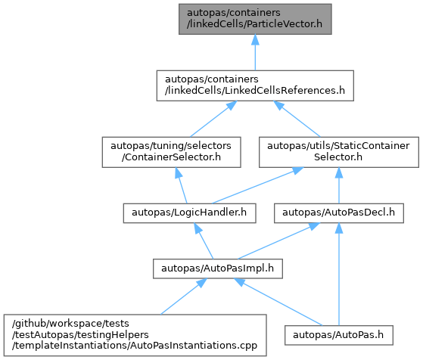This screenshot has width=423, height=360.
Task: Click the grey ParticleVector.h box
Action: pos(255,19)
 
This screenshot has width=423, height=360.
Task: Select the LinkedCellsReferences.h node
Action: pos(255,85)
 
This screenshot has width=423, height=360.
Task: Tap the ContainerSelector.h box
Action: pos(171,152)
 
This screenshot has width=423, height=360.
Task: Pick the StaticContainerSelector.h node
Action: pos(339,152)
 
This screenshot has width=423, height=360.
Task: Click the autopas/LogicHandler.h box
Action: pos(189,213)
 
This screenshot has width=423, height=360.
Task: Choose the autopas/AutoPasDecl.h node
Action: pos(339,213)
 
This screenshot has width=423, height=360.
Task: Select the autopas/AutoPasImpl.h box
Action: pos(218,268)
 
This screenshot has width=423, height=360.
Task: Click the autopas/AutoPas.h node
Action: pos(339,335)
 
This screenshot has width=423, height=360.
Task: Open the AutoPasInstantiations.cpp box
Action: pos(135,335)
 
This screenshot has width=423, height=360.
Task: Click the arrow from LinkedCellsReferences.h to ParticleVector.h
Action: pos(255,53)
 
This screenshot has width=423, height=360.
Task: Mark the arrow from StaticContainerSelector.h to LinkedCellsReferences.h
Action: pos(297,119)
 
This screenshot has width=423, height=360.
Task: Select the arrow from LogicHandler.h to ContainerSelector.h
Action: pos(181,185)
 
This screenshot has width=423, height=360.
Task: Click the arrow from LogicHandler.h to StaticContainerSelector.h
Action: pos(258,185)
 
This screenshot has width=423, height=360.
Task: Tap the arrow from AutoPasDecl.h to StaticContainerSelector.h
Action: pos(339,185)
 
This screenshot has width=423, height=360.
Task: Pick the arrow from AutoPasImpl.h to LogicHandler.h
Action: pos(204,241)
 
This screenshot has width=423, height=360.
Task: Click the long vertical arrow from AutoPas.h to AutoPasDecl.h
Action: pos(339,275)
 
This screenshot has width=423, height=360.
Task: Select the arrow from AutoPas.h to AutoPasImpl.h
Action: pos(278,302)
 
